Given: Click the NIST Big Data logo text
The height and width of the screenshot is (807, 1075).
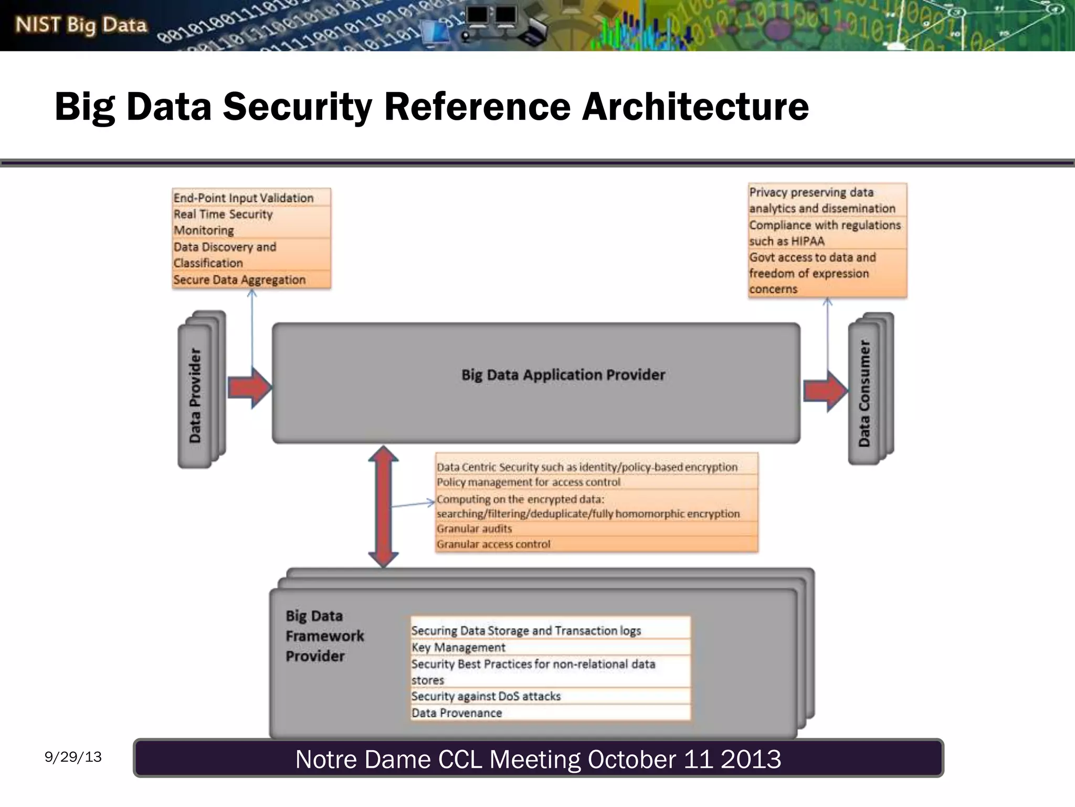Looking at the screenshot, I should coord(81,25).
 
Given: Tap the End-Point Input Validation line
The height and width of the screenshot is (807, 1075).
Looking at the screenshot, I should coord(244,198).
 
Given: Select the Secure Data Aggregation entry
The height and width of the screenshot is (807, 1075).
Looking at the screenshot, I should coord(239,280).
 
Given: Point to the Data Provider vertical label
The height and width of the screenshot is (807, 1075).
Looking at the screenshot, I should coord(195,395).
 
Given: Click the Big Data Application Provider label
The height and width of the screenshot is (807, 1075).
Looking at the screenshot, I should coord(563,375).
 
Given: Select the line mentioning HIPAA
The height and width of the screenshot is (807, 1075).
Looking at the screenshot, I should coord(824,233).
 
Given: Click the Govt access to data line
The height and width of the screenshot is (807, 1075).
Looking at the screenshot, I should coord(813,257).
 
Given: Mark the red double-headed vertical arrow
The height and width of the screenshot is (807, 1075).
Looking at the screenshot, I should coord(383,506).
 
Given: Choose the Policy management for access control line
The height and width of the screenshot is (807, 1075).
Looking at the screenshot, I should coord(528,482).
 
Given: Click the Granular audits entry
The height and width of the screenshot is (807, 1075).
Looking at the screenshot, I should coord(474,529).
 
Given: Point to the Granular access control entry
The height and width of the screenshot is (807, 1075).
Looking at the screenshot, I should coord(493,544).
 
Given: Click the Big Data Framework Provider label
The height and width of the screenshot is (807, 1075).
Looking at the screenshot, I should coord(324,636).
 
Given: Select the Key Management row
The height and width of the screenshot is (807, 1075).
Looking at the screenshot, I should coord(458,647).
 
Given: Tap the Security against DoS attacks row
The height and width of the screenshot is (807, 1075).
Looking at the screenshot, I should coord(486,696).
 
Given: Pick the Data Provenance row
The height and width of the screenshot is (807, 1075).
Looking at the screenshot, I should coord(457,713).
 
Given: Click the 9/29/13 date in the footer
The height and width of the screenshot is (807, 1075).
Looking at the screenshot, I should coord(73,757).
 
